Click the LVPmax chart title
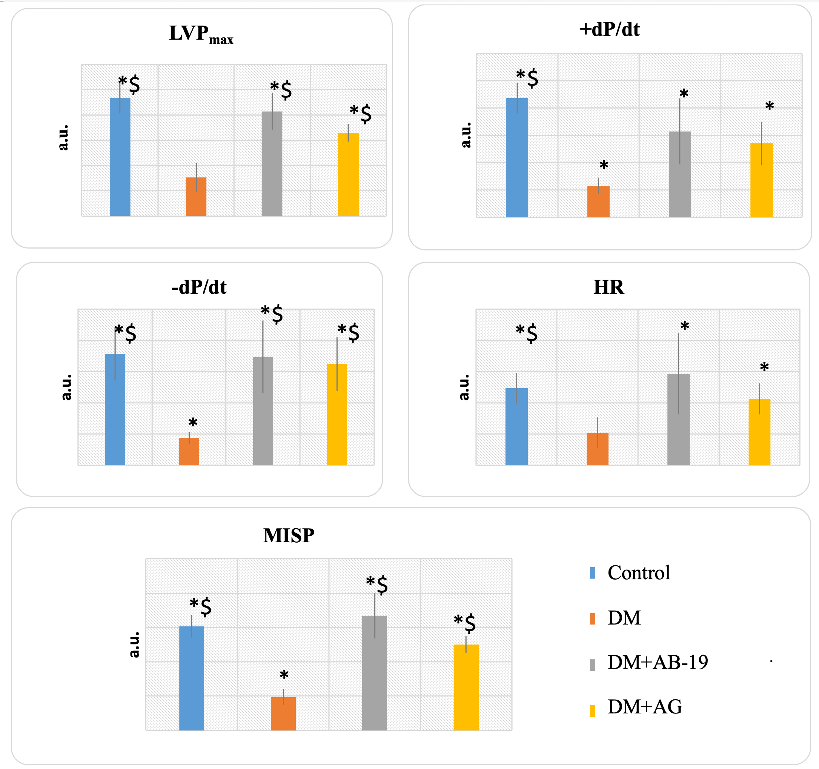201,34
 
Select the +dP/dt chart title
609,30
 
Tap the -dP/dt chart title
199,287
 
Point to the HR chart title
609,287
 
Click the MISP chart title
288,536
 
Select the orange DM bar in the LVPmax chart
196,197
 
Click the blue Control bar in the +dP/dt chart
517,157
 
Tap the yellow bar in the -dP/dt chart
337,415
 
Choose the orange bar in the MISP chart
283,713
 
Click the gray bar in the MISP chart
375,673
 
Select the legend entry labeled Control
639,573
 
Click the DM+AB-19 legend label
657,662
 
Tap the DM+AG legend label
645,707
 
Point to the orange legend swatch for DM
593,619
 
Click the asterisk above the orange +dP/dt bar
604,166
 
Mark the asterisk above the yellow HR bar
764,367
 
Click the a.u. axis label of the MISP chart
134,645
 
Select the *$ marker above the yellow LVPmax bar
361,114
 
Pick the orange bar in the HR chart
597,449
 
